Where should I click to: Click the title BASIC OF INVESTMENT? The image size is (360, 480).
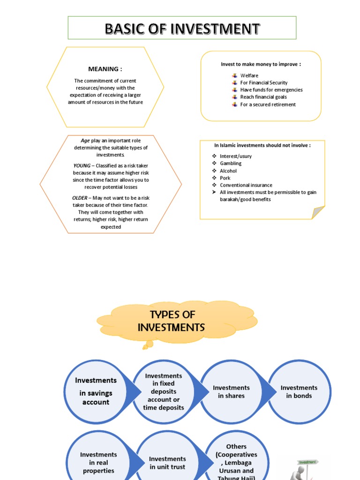coord(182,29)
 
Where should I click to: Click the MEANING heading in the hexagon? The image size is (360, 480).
coord(105,69)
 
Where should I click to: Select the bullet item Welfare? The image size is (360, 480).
coord(249,75)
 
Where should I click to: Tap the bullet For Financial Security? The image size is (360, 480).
coord(263,82)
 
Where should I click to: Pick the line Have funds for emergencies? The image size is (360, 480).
coord(271,90)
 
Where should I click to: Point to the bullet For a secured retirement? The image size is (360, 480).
coord(268,105)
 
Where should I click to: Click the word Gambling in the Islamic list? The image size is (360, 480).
coord(231,164)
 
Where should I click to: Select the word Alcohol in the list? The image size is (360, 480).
coord(228,171)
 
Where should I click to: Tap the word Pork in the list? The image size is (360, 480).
coord(225,178)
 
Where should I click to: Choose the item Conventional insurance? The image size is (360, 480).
coord(246,185)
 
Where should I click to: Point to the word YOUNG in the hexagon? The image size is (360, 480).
coord(82,166)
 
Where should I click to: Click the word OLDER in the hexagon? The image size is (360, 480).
coord(79,198)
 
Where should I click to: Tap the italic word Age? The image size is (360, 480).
coord(85,141)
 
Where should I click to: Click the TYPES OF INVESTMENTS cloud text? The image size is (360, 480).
coord(172,321)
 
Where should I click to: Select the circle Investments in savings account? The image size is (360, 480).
coord(96,391)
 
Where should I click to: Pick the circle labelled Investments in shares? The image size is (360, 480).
coord(231,391)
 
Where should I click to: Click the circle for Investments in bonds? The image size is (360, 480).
coord(299,391)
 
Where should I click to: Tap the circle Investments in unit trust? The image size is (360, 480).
coord(167,463)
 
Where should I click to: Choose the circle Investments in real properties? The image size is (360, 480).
coord(98,462)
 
